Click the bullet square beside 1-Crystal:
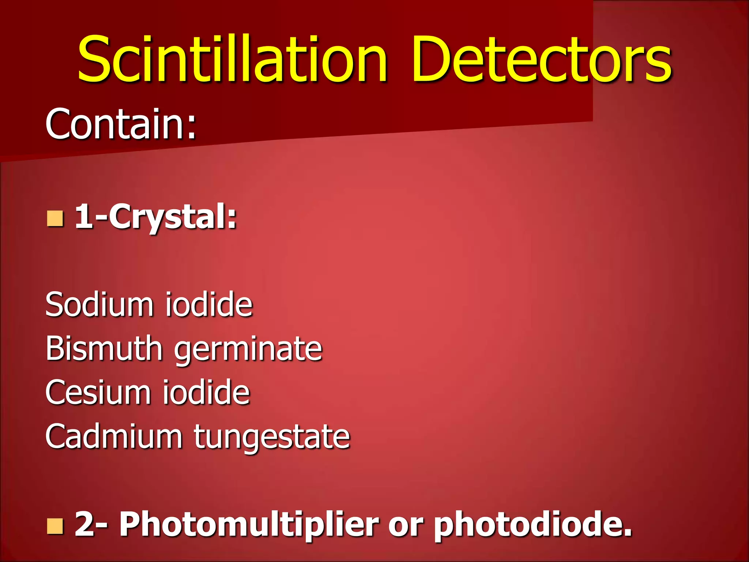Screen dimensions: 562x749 (x=55, y=218)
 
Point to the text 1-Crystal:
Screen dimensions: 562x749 (x=156, y=217)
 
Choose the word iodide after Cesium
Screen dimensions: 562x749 (x=206, y=392)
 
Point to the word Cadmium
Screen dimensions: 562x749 (x=114, y=436)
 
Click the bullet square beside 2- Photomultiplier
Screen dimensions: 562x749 (x=55, y=526)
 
